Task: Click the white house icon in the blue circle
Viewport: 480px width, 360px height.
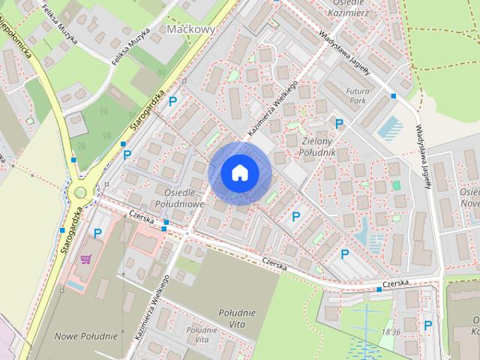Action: [238, 172]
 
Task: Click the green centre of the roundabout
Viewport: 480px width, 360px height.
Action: [79, 193]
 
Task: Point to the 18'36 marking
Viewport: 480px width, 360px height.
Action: [390, 331]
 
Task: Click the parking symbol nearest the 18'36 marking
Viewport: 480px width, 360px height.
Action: [427, 325]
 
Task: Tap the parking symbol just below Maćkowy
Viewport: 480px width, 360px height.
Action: [173, 100]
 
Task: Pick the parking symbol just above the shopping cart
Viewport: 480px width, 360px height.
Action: [97, 233]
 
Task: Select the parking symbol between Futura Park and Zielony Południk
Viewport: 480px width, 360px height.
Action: [339, 124]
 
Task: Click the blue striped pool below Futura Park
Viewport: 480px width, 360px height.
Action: [390, 128]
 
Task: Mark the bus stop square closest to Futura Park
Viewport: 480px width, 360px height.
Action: [393, 96]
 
